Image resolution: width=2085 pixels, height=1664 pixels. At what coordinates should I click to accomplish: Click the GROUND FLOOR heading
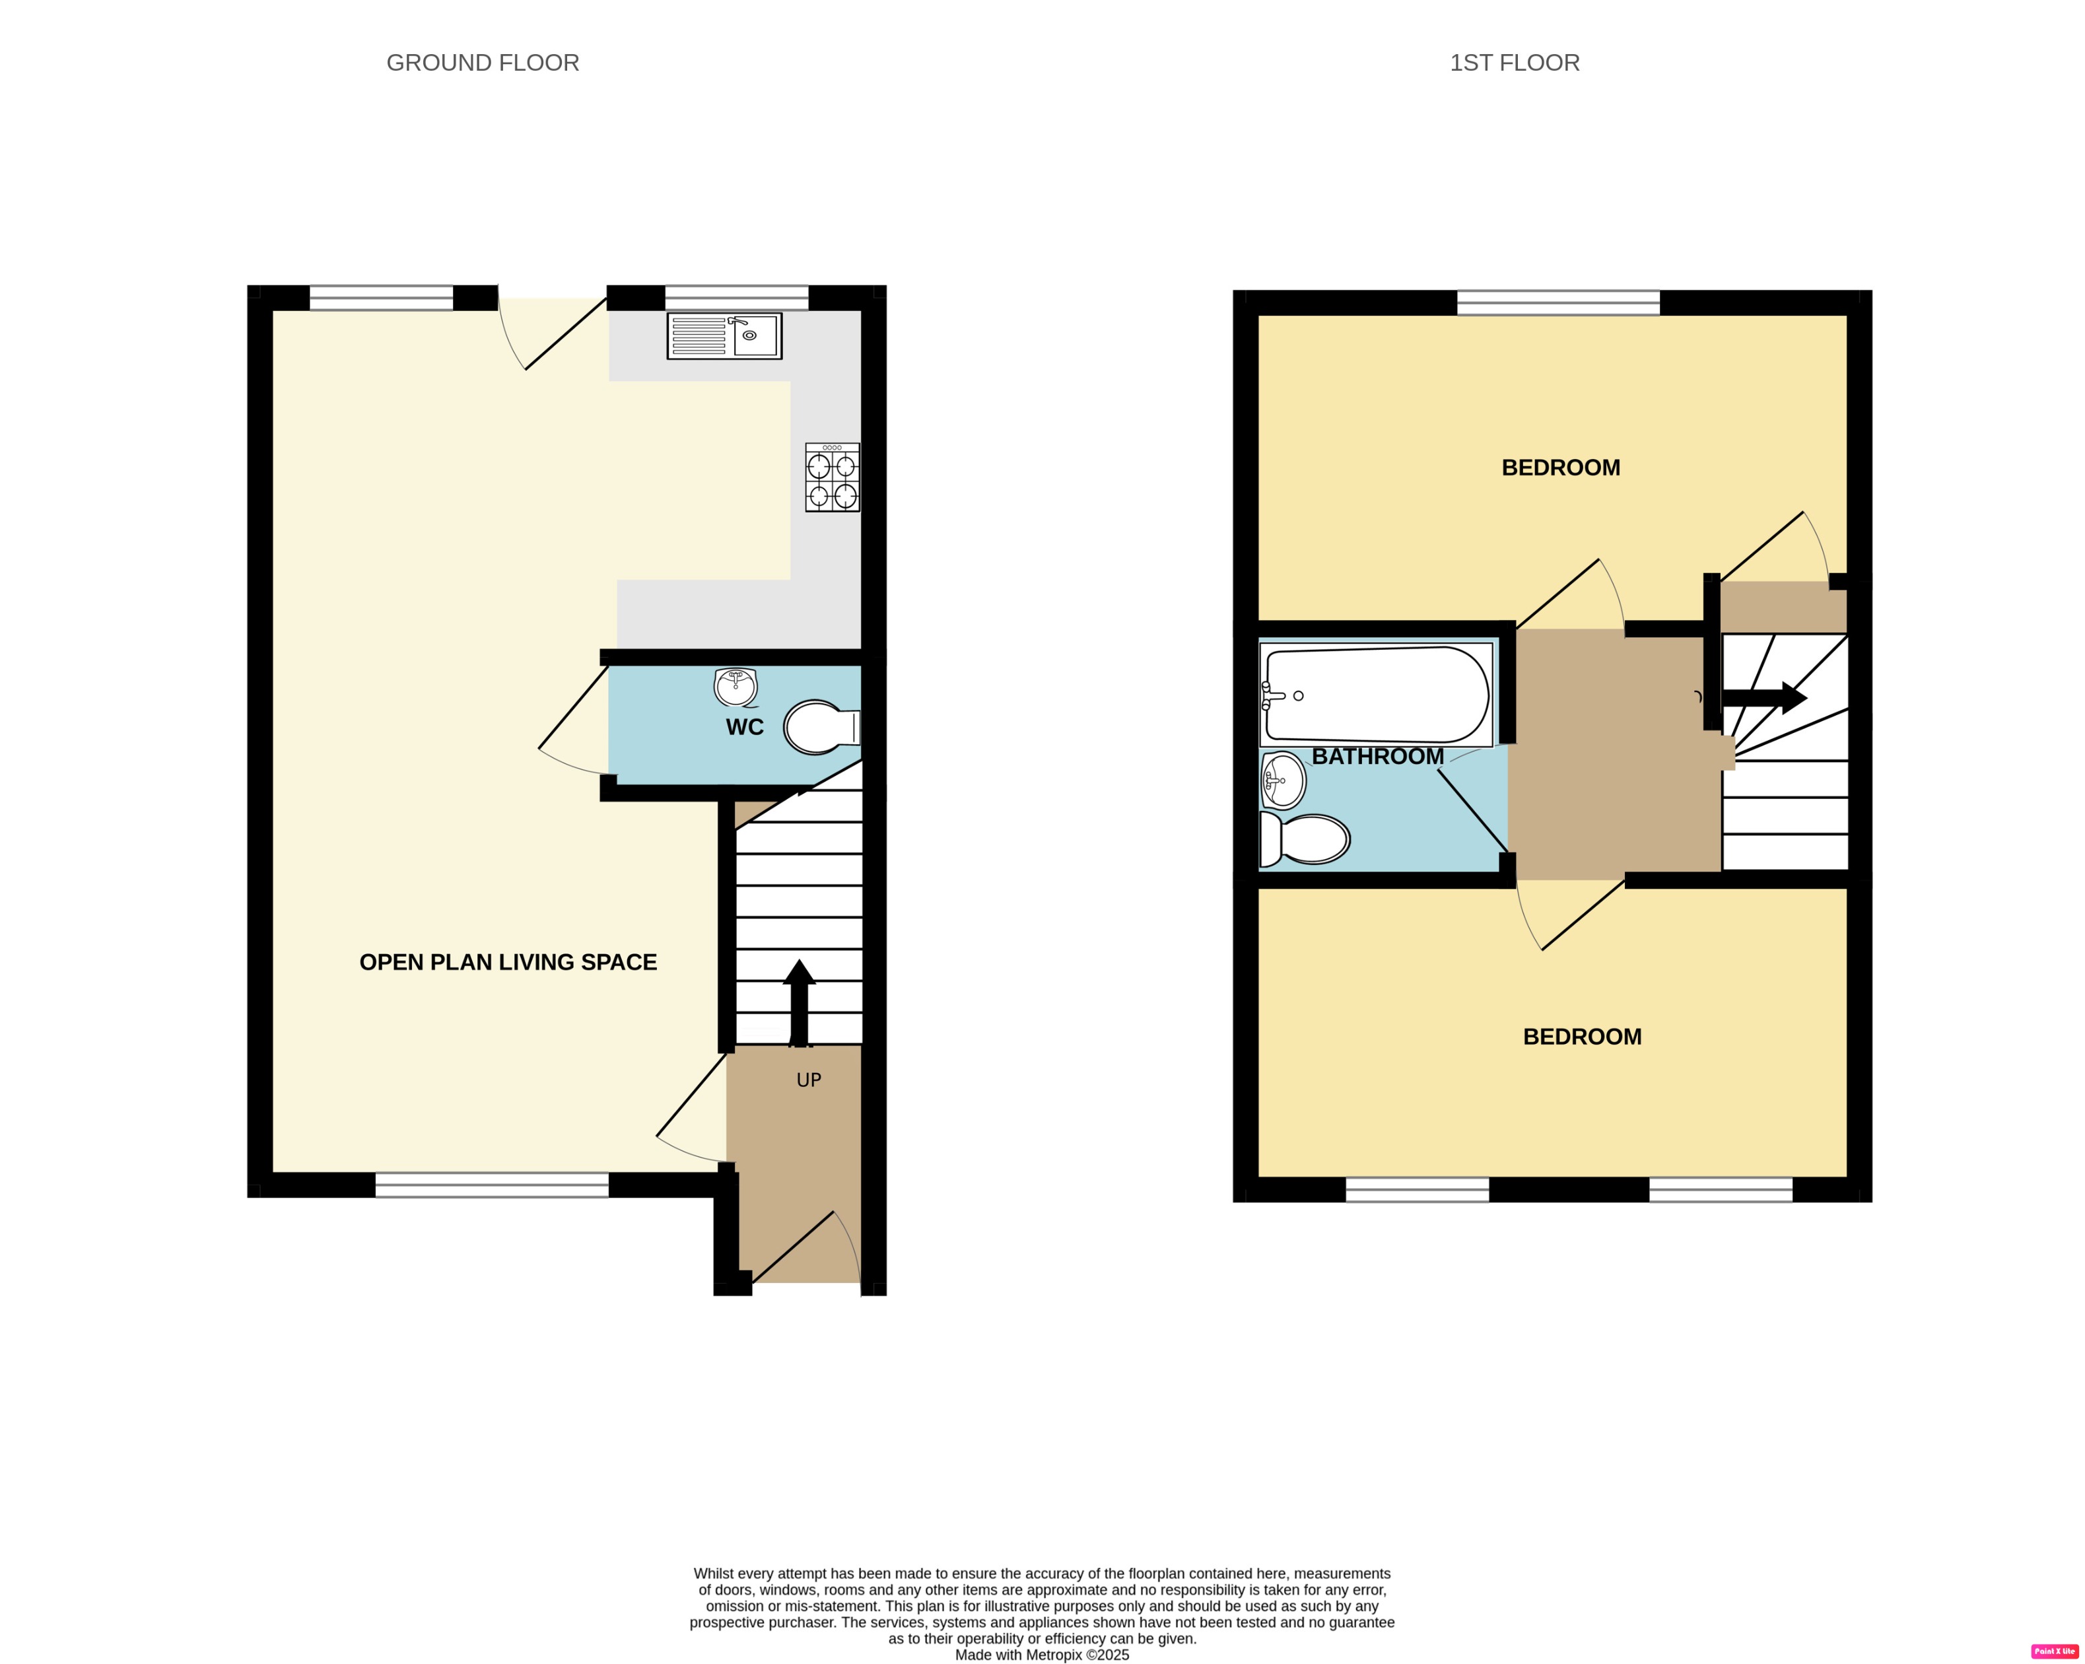(483, 63)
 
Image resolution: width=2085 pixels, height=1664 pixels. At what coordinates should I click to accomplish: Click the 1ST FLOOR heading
(1515, 63)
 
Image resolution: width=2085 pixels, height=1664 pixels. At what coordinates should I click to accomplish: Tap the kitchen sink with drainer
(724, 335)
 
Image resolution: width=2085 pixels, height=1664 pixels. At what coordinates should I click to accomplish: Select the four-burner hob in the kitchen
(832, 477)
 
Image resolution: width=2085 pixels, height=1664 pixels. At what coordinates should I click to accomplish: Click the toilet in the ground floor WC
(820, 726)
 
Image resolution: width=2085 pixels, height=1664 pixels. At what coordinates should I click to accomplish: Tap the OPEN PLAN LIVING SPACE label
(508, 961)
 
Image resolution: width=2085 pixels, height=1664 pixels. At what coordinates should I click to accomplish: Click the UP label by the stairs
(809, 1080)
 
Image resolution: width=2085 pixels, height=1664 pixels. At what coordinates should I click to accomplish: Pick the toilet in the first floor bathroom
(1305, 839)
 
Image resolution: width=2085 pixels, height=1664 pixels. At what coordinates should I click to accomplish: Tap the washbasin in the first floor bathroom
(1283, 780)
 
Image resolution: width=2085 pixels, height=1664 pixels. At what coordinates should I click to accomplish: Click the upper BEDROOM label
(1560, 468)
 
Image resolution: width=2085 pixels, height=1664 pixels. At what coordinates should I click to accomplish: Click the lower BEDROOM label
(1582, 1036)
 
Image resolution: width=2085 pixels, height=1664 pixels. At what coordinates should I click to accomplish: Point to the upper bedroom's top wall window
(1558, 303)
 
